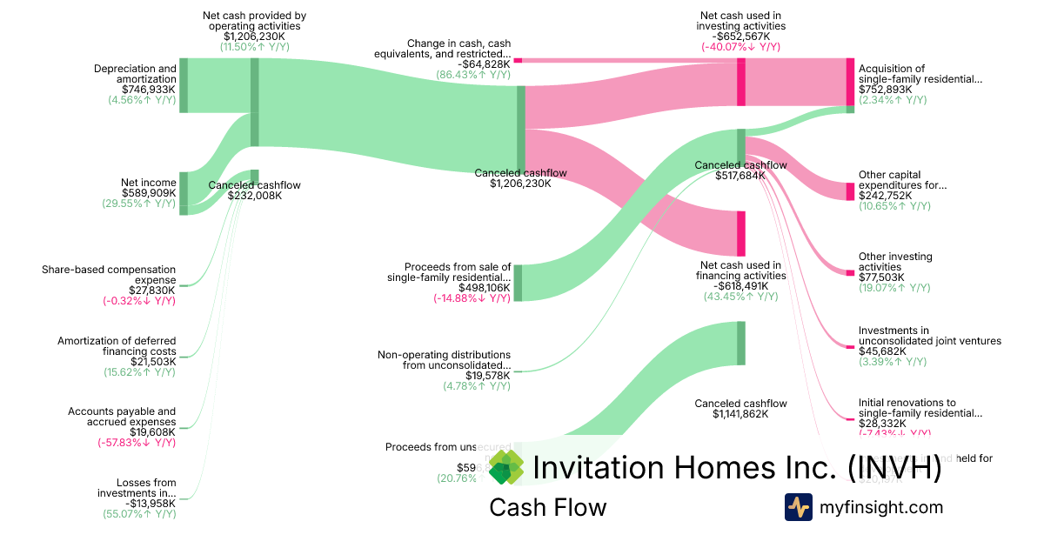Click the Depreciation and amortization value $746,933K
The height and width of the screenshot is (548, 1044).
click(x=149, y=89)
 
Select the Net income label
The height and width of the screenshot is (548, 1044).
click(x=148, y=183)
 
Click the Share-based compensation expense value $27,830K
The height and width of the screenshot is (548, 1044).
click(x=152, y=291)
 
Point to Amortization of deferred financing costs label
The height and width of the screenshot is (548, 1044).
click(x=117, y=346)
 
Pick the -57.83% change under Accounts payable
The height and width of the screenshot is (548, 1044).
click(x=137, y=443)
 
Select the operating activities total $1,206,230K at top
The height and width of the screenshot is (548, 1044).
click(x=254, y=37)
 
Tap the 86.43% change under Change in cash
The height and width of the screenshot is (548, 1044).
click(x=473, y=76)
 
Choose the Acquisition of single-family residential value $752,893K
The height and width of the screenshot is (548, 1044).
click(x=885, y=90)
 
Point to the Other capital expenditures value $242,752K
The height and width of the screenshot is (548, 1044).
click(x=885, y=196)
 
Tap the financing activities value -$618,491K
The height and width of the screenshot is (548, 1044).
click(x=740, y=285)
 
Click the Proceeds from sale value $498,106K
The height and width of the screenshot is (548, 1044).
click(x=485, y=288)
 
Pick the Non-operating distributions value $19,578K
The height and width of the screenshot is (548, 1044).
click(x=487, y=376)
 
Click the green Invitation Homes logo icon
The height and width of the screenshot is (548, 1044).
click(x=506, y=467)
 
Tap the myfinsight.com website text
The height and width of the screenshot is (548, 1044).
click(x=881, y=507)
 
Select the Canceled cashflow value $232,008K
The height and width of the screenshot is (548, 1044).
click(x=254, y=196)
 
